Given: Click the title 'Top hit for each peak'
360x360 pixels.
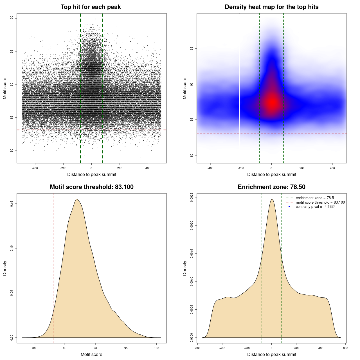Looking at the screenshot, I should tap(91, 7).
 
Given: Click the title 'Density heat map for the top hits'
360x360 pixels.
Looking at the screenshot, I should tap(271, 7).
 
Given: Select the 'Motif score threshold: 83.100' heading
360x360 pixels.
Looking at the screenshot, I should tap(91, 187).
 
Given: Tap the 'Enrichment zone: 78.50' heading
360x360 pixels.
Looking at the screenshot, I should tap(271, 187).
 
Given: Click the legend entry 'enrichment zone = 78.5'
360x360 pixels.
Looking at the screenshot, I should tap(315, 198).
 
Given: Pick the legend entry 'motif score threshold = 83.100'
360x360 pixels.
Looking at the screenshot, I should tap(320, 202).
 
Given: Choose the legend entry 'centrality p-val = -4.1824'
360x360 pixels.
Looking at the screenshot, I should tap(316, 207).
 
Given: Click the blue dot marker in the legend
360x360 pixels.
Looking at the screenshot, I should tap(289, 207).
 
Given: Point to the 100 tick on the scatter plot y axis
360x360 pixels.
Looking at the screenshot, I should tap(12, 18).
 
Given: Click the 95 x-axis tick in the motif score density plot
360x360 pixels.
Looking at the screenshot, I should tap(126, 348).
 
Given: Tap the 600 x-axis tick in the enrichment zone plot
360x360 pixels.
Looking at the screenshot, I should tap(346, 348).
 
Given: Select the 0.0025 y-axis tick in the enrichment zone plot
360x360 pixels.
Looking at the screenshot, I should tap(192, 197).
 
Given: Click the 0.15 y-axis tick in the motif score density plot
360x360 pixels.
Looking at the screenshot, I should tap(12, 204).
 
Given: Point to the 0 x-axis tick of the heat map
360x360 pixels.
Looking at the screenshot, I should tap(271, 168).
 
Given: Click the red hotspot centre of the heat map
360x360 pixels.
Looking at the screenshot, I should tap(272, 103).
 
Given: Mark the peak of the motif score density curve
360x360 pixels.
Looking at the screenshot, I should tap(76, 199).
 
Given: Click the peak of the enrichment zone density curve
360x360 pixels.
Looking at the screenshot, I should tap(272, 199).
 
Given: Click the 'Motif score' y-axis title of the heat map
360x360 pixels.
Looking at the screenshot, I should tap(185, 88).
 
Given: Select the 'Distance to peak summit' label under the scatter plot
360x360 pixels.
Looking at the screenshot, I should tap(92, 175).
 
